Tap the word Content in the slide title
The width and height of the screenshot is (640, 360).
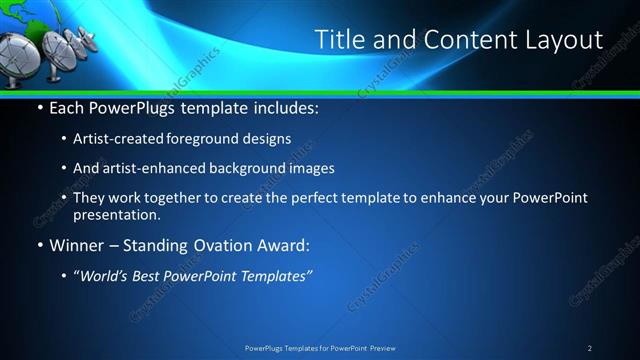[462, 40]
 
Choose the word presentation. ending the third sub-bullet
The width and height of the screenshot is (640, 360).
[116, 214]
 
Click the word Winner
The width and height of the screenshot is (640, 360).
[77, 245]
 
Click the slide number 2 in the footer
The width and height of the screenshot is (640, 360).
[590, 347]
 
